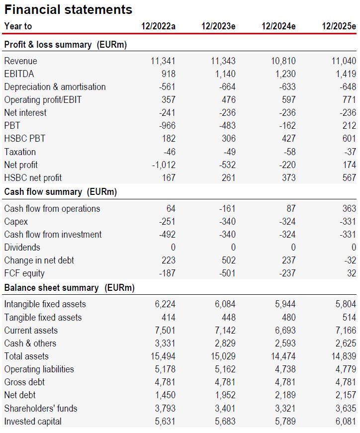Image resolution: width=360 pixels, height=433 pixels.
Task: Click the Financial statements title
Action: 68,9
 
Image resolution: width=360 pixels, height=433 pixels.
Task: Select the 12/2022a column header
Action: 158,26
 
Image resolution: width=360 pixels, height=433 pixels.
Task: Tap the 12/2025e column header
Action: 339,26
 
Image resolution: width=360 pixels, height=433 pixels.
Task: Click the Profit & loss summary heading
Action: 66,45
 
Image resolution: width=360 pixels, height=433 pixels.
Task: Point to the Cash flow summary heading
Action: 61,192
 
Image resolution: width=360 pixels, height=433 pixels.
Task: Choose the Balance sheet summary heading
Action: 69,288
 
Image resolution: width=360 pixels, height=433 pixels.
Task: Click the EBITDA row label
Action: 19,74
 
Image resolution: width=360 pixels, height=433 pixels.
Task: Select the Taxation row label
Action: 20,152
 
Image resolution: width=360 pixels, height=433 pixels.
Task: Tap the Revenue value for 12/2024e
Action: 283,61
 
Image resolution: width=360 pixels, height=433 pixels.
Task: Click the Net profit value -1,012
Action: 164,165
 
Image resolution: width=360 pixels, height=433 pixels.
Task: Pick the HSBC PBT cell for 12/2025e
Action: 349,138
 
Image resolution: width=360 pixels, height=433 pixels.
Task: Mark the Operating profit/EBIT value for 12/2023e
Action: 229,100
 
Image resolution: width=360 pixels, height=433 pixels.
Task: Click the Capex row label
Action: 16,222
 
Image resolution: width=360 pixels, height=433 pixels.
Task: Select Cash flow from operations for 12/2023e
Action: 227,208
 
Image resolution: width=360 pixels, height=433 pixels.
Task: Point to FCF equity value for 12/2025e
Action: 352,273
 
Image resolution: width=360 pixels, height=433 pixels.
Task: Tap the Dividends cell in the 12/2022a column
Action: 173,247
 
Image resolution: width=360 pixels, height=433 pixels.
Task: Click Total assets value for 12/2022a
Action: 163,356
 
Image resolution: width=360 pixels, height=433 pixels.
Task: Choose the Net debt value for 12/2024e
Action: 285,395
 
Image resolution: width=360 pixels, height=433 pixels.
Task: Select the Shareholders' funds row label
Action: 41,408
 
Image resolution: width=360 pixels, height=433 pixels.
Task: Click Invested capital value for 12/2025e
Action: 346,422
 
